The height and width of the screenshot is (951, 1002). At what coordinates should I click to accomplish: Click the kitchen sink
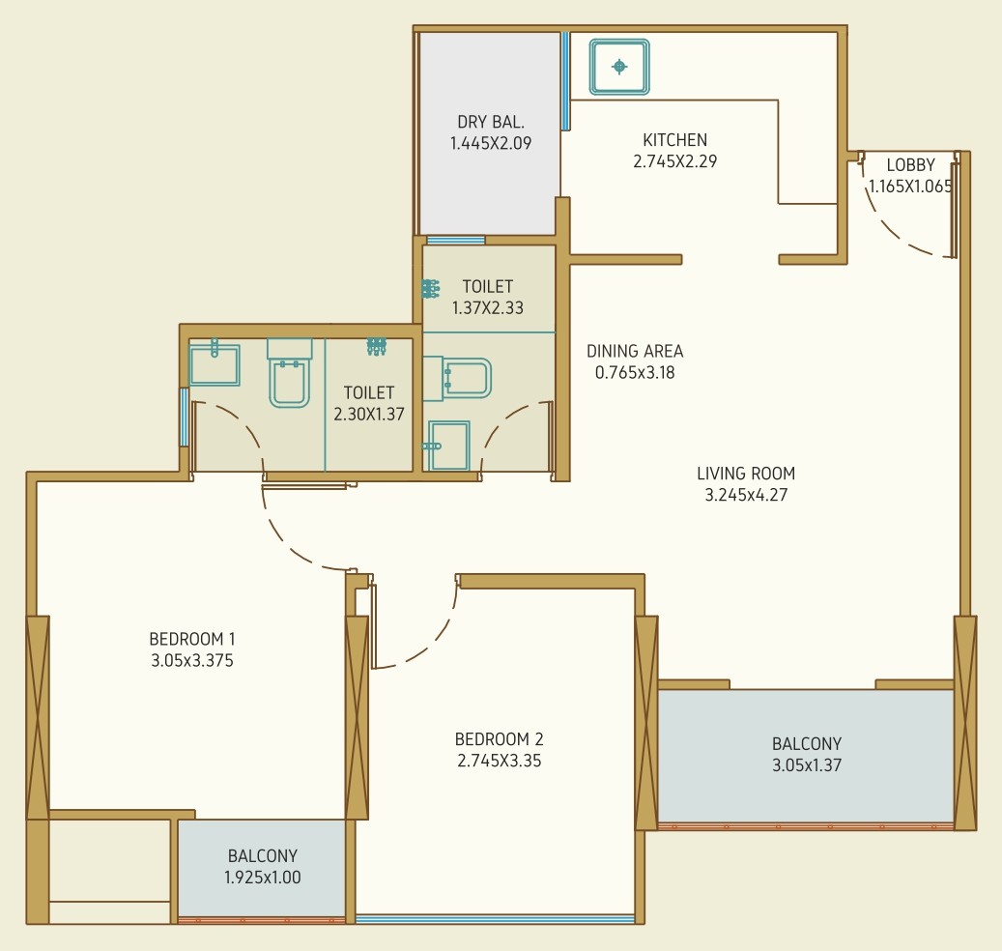pos(619,67)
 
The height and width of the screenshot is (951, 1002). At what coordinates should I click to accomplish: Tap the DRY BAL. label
pos(491,122)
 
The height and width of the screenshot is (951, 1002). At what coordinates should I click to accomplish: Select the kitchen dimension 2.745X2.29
pos(674,161)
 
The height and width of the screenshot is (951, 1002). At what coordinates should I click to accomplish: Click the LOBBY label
pos(910,165)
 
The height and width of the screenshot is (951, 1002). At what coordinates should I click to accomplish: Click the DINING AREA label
pos(635,351)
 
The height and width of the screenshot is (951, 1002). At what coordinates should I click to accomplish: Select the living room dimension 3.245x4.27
pos(746,495)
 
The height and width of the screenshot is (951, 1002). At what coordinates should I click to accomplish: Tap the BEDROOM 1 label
pos(192,639)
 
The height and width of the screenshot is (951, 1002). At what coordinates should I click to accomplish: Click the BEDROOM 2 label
pos(500,738)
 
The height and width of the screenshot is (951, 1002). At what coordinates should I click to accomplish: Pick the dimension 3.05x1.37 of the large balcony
pos(807,765)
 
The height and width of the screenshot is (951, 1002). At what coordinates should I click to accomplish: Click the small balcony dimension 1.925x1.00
pos(262,877)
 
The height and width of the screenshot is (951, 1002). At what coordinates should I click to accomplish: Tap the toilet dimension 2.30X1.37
pos(369,414)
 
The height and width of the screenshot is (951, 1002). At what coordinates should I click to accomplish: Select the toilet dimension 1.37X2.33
pos(488,307)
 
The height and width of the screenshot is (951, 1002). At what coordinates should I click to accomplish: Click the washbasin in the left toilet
pos(215,364)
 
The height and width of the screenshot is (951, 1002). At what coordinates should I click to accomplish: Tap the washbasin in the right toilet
pos(448,446)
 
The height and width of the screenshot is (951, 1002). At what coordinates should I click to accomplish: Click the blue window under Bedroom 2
pos(496,919)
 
